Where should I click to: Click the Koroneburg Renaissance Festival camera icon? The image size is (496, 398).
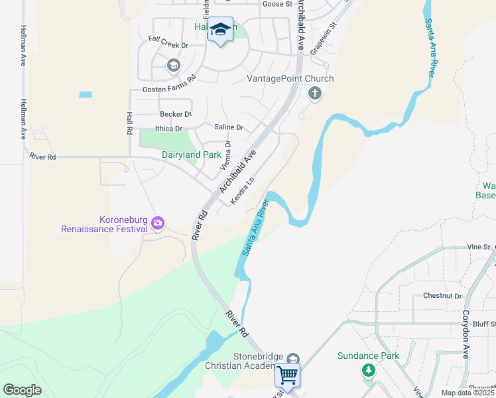click(x=158, y=223)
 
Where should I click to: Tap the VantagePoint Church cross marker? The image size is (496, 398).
click(x=315, y=94)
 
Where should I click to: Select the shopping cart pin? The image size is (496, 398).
click(x=288, y=375)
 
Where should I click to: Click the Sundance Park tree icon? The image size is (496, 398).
click(x=369, y=371)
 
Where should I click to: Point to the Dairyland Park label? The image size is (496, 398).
click(x=192, y=155)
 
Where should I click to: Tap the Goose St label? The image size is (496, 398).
click(x=277, y=4)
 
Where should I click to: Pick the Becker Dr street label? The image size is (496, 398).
click(x=176, y=114)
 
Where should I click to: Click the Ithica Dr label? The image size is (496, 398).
click(x=168, y=129)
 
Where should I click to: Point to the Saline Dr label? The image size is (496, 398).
click(x=229, y=127)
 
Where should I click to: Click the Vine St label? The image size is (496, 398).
click(x=477, y=247)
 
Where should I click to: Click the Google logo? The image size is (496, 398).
click(x=22, y=390)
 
